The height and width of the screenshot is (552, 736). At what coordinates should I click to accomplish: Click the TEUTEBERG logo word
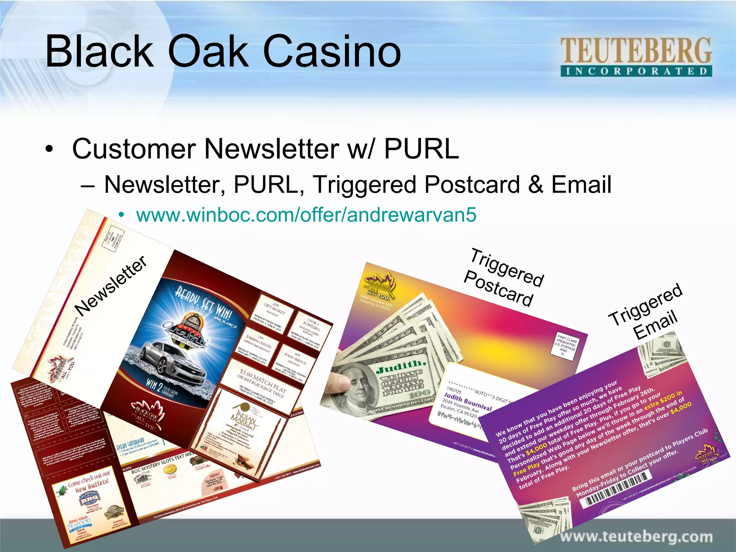[x=636, y=51]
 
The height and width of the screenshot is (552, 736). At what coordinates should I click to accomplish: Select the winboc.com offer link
[x=306, y=215]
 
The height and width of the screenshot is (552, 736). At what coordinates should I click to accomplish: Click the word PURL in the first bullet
[x=421, y=148]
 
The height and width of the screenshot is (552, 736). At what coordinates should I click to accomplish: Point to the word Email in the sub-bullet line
[x=581, y=184]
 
